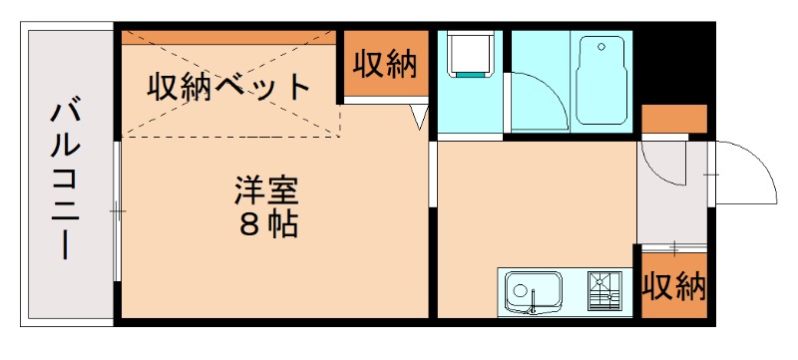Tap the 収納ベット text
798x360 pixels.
pos(230,86)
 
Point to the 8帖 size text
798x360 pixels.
pos(267,223)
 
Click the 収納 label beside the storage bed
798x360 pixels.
pos(383,65)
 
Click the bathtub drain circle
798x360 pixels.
pos(600,45)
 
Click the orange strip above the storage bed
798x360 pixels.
pos(229,39)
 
